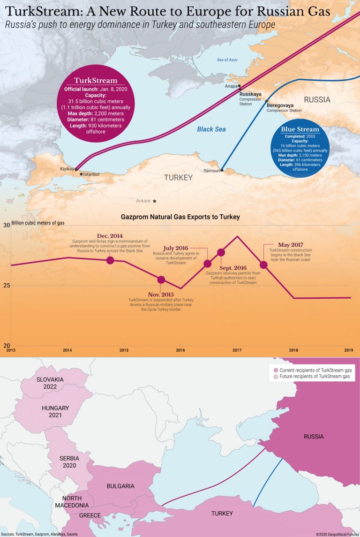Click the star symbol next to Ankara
tap(154, 201)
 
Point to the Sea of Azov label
tap(228, 60)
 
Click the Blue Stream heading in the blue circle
tap(300, 129)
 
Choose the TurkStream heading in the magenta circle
tap(96, 81)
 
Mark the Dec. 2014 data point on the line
tap(110, 260)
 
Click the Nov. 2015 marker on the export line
tap(161, 280)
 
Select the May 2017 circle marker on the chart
tap(263, 265)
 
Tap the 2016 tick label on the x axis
tap(180, 350)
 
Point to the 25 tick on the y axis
tap(6, 286)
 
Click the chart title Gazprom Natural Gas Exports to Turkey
tap(180, 217)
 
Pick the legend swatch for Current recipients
tap(275, 371)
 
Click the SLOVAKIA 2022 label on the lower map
tap(50, 383)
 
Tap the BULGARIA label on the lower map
tap(120, 486)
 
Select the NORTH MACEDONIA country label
tap(72, 502)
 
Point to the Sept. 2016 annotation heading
tap(233, 268)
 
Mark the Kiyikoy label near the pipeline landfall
tap(67, 169)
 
